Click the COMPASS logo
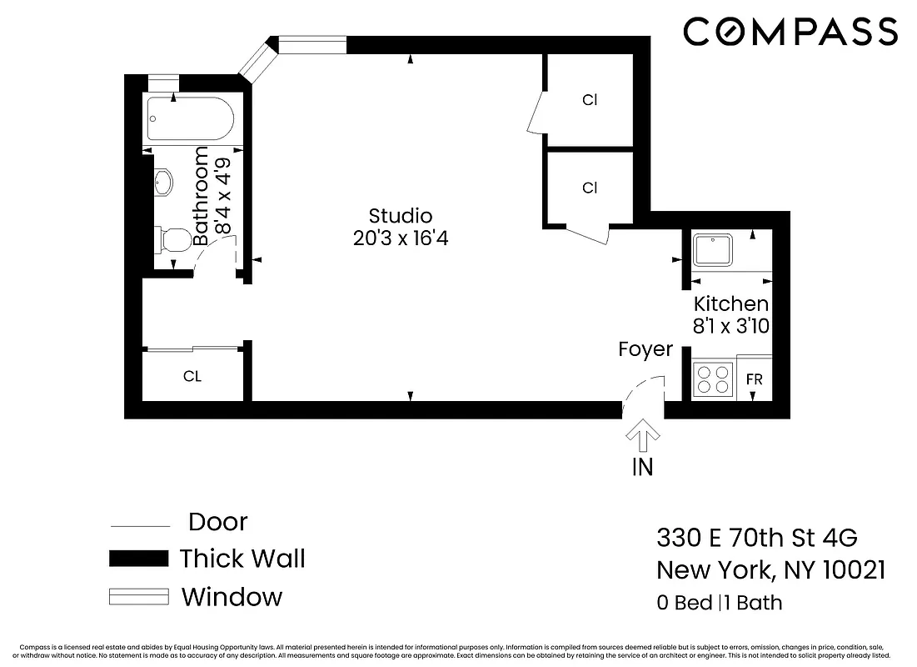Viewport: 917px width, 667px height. point(790,33)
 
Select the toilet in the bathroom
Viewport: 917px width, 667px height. point(174,240)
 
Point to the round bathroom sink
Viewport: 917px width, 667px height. point(163,182)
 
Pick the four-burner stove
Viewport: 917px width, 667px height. point(712,379)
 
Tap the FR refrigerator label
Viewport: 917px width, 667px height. point(754,379)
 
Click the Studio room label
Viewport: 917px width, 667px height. point(401,216)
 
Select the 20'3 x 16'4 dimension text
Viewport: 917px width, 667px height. point(401,238)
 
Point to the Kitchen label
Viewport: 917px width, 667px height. point(730,303)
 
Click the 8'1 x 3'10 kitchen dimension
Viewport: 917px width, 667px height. point(730,326)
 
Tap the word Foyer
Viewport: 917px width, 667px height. point(645,349)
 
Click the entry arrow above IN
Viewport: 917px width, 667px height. point(642,432)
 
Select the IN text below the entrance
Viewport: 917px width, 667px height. point(642,467)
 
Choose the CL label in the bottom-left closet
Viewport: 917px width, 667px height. point(192,377)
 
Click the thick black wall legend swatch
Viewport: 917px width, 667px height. point(138,559)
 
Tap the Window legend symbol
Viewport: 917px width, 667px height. point(138,597)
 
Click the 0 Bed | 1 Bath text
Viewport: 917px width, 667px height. point(720,603)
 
